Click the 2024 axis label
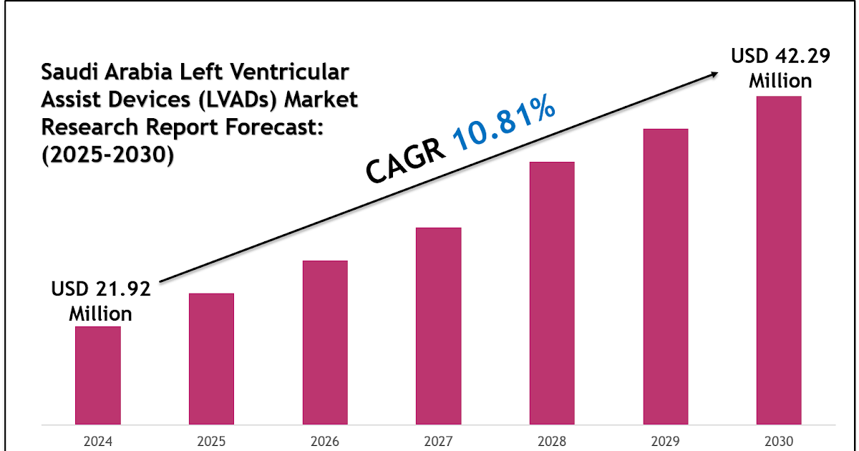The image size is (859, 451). (x=98, y=440)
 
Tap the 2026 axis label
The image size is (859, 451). (x=325, y=440)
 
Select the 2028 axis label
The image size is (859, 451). (x=552, y=440)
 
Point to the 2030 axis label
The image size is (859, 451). (x=779, y=440)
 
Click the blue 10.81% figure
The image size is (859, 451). (x=505, y=126)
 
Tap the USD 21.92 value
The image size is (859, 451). (x=101, y=290)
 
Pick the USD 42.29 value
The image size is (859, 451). (x=780, y=57)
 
